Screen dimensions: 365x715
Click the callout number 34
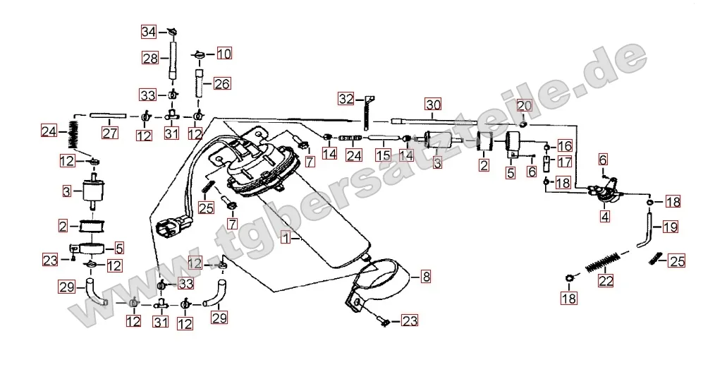pos(148,32)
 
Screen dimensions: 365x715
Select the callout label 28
pos(149,59)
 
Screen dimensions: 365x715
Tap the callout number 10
pos(223,54)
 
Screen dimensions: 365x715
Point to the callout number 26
pos(221,84)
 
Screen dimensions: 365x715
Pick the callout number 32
pos(346,98)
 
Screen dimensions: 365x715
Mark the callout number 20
pos(523,106)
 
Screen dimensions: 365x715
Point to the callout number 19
pos(669,227)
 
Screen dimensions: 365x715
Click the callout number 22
pos(605,280)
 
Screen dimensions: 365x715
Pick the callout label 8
pos(425,277)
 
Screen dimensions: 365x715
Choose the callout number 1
pos(286,239)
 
